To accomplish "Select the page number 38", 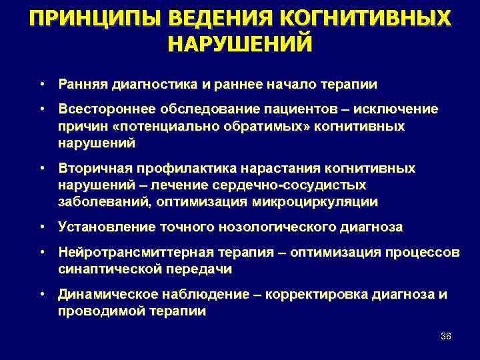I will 446,336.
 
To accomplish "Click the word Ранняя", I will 80,85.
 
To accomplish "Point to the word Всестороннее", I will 100,109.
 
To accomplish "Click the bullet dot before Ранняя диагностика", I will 42,85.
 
